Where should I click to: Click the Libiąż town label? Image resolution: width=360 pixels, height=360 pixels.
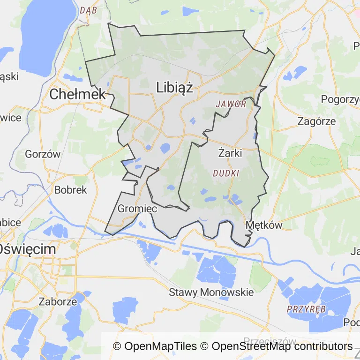(174, 88)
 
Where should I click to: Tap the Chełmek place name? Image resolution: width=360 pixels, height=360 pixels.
(77, 94)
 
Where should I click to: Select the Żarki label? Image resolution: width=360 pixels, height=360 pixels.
(230, 152)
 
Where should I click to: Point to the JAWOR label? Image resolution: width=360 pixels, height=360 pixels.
(231, 104)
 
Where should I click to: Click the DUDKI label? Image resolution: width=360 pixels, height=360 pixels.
(226, 173)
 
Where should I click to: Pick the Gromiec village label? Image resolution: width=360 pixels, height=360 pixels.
(137, 209)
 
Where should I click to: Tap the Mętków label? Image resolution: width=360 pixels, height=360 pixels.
(264, 225)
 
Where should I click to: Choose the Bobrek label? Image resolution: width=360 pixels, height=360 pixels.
(71, 190)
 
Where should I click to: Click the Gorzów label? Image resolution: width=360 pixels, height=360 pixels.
(43, 154)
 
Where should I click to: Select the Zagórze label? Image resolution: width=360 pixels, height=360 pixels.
(317, 121)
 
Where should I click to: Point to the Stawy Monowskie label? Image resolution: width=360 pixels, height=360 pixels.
(211, 292)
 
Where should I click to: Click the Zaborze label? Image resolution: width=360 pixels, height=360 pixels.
(58, 301)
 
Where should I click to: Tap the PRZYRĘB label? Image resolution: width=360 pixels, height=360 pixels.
(306, 309)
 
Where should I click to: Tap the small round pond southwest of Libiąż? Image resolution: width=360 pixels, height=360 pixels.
(165, 149)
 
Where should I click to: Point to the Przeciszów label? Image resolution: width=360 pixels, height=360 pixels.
(270, 340)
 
